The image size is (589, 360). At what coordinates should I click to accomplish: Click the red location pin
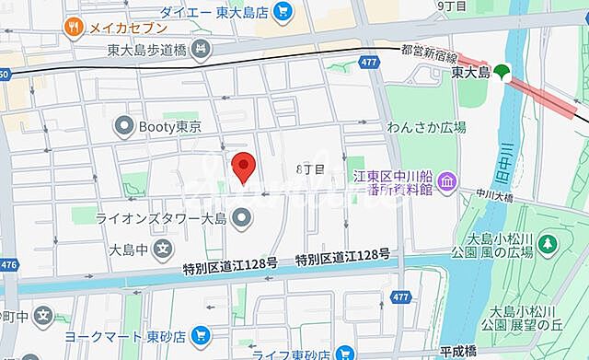click(x=243, y=167)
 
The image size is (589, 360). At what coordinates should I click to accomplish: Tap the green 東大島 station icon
click(x=502, y=70)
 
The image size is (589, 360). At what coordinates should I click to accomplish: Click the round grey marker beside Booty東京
click(x=123, y=124)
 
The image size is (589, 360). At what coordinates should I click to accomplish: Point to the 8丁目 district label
click(x=310, y=169)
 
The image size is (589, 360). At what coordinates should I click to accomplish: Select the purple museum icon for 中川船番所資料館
click(x=446, y=182)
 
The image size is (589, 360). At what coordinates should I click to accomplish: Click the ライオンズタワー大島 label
click(x=161, y=218)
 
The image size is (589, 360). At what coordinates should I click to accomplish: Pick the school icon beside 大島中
click(x=163, y=248)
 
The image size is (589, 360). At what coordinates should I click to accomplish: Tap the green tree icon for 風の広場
click(x=548, y=244)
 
